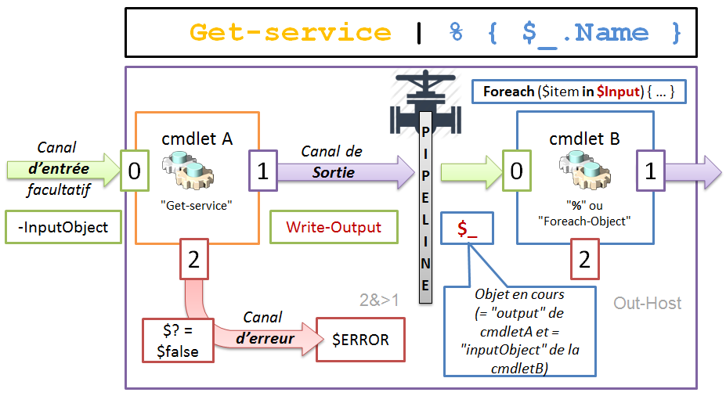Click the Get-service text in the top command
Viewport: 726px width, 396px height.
click(290, 32)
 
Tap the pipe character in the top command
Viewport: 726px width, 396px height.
click(420, 32)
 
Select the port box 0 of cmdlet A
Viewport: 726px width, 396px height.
click(135, 171)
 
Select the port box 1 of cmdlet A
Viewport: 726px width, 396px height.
click(263, 171)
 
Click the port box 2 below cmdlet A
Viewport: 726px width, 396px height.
click(193, 260)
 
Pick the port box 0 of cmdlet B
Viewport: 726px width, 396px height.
click(516, 171)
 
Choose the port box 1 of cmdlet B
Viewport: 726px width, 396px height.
click(649, 171)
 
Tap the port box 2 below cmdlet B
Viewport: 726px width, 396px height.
click(584, 260)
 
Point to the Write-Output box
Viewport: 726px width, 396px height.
click(334, 227)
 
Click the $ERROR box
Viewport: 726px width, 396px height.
click(360, 340)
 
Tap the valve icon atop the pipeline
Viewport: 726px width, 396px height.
click(425, 98)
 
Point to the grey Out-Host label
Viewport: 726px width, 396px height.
click(648, 303)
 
